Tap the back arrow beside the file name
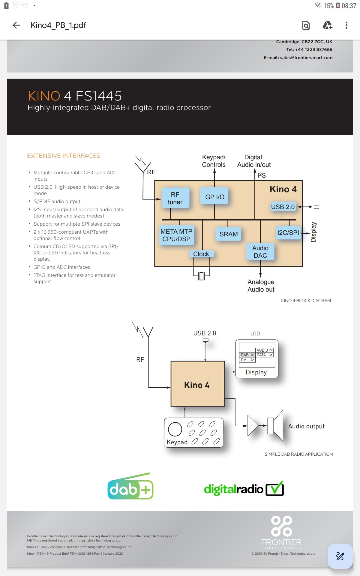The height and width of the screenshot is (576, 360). pyautogui.click(x=16, y=25)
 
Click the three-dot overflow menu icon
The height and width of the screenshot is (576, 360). pyautogui.click(x=346, y=25)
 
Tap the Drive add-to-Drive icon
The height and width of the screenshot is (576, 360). pyautogui.click(x=327, y=25)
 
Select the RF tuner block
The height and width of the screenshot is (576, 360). pyautogui.click(x=175, y=198)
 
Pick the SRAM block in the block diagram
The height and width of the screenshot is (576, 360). pyautogui.click(x=228, y=234)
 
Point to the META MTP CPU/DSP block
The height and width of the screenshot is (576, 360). pyautogui.click(x=176, y=235)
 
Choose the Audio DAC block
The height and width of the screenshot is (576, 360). pyautogui.click(x=260, y=251)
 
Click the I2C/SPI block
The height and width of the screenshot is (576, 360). pyautogui.click(x=288, y=232)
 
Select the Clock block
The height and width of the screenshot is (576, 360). pyautogui.click(x=201, y=254)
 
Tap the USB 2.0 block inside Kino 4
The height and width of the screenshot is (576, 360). pyautogui.click(x=283, y=207)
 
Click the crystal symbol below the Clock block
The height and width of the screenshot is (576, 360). pyautogui.click(x=201, y=276)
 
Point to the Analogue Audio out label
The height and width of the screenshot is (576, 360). pyautogui.click(x=261, y=286)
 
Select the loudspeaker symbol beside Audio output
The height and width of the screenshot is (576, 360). pyautogui.click(x=275, y=425)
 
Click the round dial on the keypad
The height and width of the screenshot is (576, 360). pyautogui.click(x=175, y=429)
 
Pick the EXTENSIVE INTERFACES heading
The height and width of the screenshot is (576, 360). pyautogui.click(x=64, y=156)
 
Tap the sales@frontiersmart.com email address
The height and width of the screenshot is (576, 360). pyautogui.click(x=306, y=58)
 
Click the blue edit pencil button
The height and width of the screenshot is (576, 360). pyautogui.click(x=340, y=556)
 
